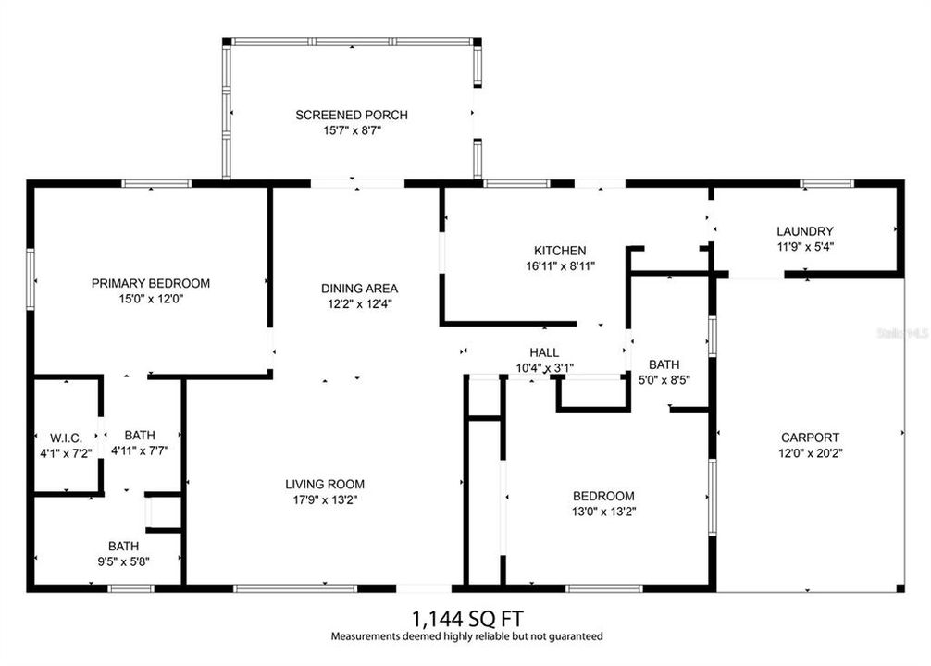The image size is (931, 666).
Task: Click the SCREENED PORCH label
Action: [x=352, y=115]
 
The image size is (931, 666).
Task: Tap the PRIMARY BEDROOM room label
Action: [x=151, y=283]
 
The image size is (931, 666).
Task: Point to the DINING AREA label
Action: [x=360, y=288]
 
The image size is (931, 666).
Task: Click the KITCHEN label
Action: [x=560, y=250]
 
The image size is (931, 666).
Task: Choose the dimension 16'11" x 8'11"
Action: [x=560, y=266]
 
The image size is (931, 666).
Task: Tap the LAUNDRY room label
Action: [x=805, y=231]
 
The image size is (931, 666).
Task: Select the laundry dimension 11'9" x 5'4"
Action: [x=805, y=247]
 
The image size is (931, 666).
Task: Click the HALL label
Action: [x=544, y=351]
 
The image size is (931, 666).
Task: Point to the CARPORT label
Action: [x=810, y=438]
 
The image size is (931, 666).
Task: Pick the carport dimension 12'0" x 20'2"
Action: [x=810, y=453]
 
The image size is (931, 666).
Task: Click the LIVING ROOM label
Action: [x=324, y=484]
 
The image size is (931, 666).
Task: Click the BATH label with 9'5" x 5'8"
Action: [x=124, y=546]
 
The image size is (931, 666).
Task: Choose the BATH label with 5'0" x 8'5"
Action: [x=664, y=364]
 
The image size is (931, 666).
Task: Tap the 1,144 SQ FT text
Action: [x=466, y=617]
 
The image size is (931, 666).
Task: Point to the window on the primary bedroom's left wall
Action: [x=31, y=277]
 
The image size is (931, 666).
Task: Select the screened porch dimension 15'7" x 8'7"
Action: [x=352, y=131]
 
